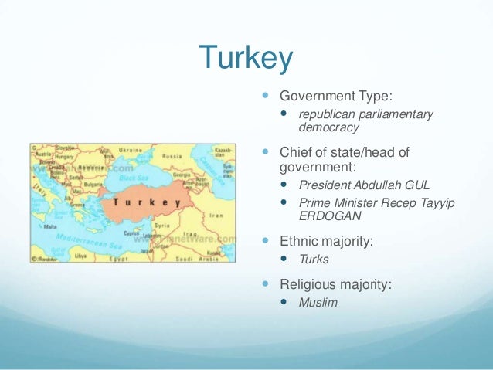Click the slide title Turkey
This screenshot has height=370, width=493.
pos(246,57)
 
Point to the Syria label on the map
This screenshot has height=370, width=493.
pos(161,224)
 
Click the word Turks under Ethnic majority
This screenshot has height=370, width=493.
pos(314,260)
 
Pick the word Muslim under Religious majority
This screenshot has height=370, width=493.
pos(318,302)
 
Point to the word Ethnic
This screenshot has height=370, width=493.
pos(299,241)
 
